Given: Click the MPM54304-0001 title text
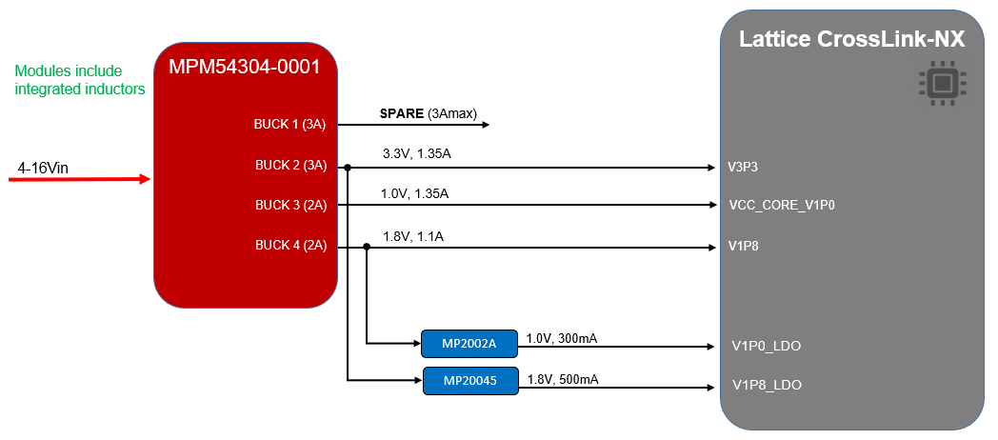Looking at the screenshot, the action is pyautogui.click(x=245, y=67).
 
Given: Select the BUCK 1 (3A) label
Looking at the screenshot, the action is pyautogui.click(x=289, y=125).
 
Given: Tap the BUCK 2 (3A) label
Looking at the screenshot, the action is pyautogui.click(x=290, y=166).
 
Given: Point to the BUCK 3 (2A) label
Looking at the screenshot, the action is pyautogui.click(x=290, y=206).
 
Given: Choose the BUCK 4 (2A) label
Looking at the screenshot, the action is pyautogui.click(x=290, y=245).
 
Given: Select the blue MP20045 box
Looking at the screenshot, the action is pyautogui.click(x=470, y=381).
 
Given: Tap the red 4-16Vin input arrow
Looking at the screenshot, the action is pyautogui.click(x=80, y=180).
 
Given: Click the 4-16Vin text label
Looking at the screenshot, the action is pyautogui.click(x=43, y=169).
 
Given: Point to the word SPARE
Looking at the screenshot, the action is pyautogui.click(x=402, y=114).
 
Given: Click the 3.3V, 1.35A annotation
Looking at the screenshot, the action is pyautogui.click(x=417, y=153).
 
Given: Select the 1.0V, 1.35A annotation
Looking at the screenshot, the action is pyautogui.click(x=415, y=193).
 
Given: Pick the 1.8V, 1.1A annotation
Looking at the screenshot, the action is pyautogui.click(x=413, y=237).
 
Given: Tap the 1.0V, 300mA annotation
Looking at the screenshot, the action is pyautogui.click(x=562, y=339).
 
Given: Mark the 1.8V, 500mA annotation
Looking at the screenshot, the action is pyautogui.click(x=563, y=379).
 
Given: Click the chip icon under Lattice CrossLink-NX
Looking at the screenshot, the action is pyautogui.click(x=943, y=83).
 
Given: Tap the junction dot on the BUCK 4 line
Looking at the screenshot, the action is pyautogui.click(x=366, y=247).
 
